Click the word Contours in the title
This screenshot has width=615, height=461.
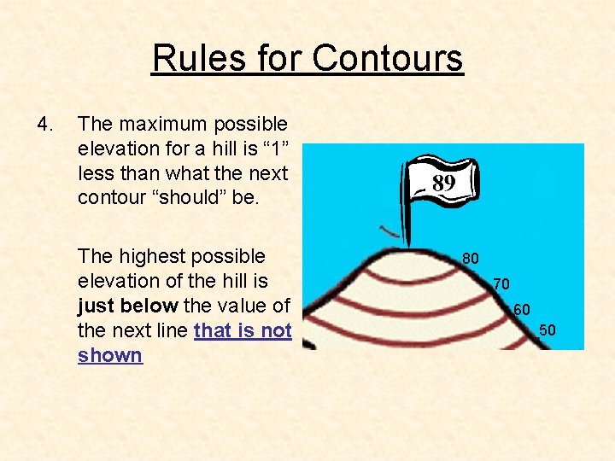[x=388, y=58]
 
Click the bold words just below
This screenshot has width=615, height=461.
[x=127, y=306]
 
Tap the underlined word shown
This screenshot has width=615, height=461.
[x=109, y=354]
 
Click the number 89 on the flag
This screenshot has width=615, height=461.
[x=443, y=183]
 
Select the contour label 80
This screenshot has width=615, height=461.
[x=471, y=257]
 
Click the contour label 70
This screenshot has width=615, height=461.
[x=501, y=283]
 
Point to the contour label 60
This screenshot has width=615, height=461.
[x=522, y=309]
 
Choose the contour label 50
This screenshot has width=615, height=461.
[x=548, y=330]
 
